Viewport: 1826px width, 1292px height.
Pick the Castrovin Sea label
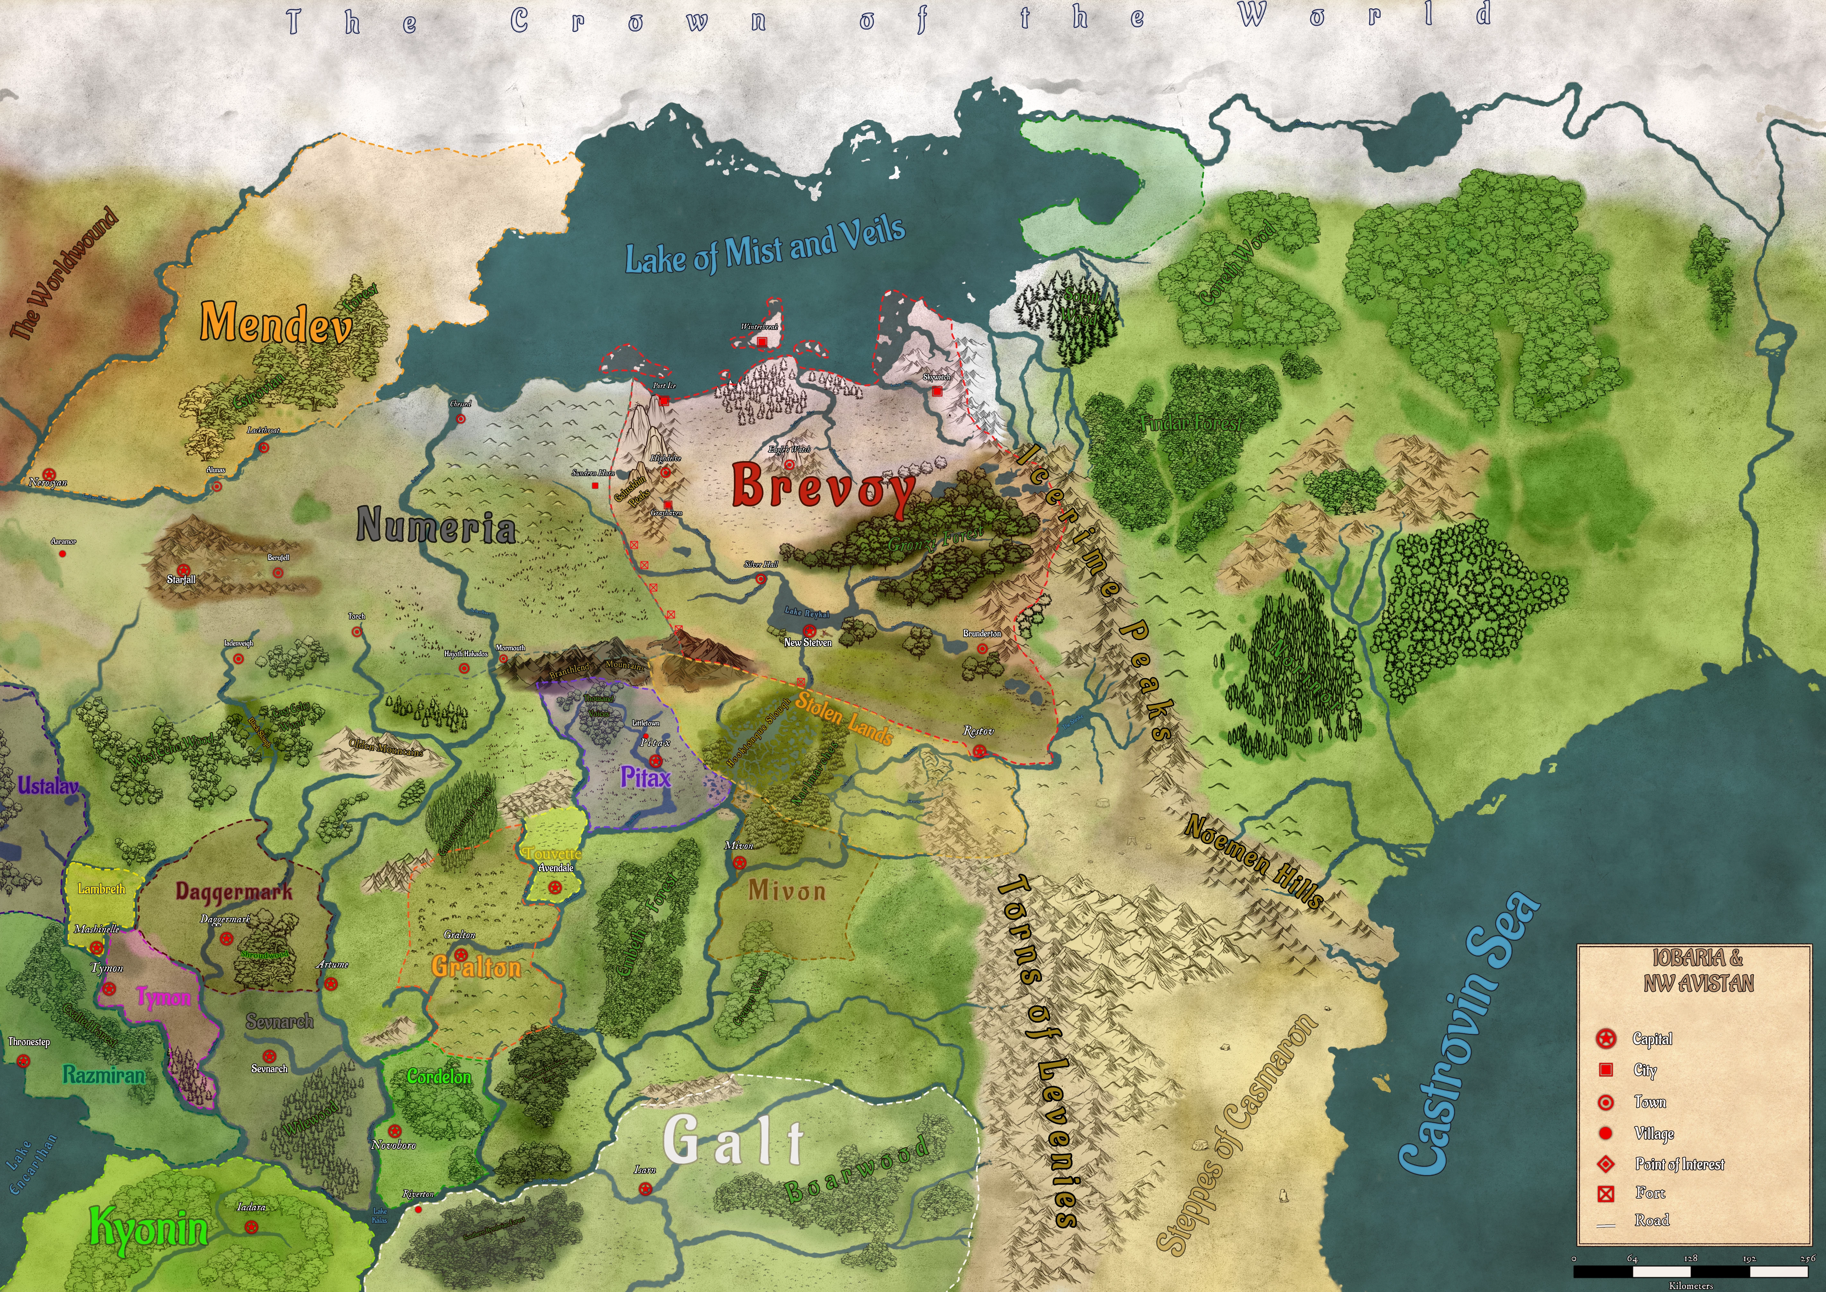(x=1468, y=1034)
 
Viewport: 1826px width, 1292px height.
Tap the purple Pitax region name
(x=645, y=777)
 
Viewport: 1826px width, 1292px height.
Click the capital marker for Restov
(x=979, y=750)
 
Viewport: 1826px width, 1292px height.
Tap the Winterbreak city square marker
(x=762, y=341)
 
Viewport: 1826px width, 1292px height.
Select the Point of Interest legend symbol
(x=1606, y=1164)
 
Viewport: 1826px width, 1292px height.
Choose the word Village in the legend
(x=1654, y=1133)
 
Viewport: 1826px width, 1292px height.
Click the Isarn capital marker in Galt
(x=645, y=1189)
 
